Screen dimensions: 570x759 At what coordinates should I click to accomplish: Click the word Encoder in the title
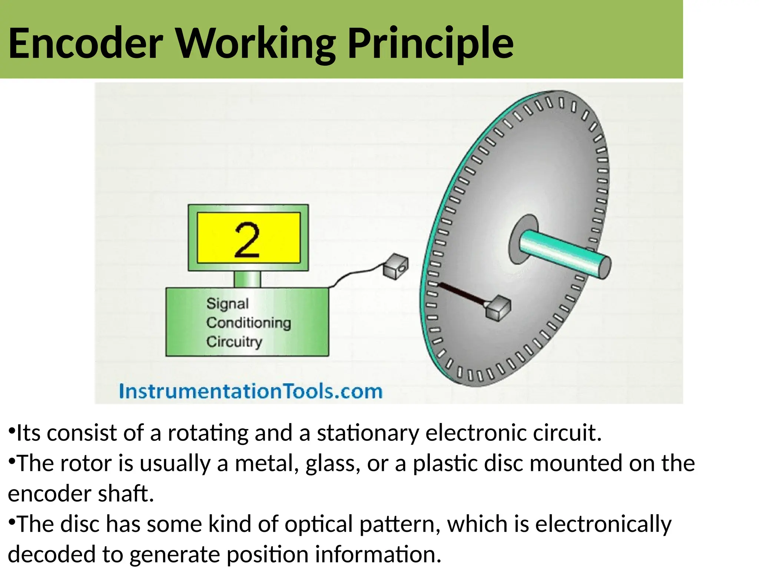click(85, 44)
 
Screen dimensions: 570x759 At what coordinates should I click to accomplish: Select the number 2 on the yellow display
click(247, 240)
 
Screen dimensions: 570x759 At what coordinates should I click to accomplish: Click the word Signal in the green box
click(227, 304)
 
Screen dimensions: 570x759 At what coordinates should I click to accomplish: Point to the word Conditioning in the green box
click(249, 322)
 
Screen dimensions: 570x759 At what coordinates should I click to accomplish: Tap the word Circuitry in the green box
click(234, 341)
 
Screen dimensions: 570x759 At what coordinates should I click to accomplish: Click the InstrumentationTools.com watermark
click(251, 392)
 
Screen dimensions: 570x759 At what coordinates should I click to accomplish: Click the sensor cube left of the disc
click(395, 266)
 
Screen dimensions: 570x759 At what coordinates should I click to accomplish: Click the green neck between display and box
click(247, 279)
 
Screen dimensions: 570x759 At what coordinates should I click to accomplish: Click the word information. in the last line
click(378, 554)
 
